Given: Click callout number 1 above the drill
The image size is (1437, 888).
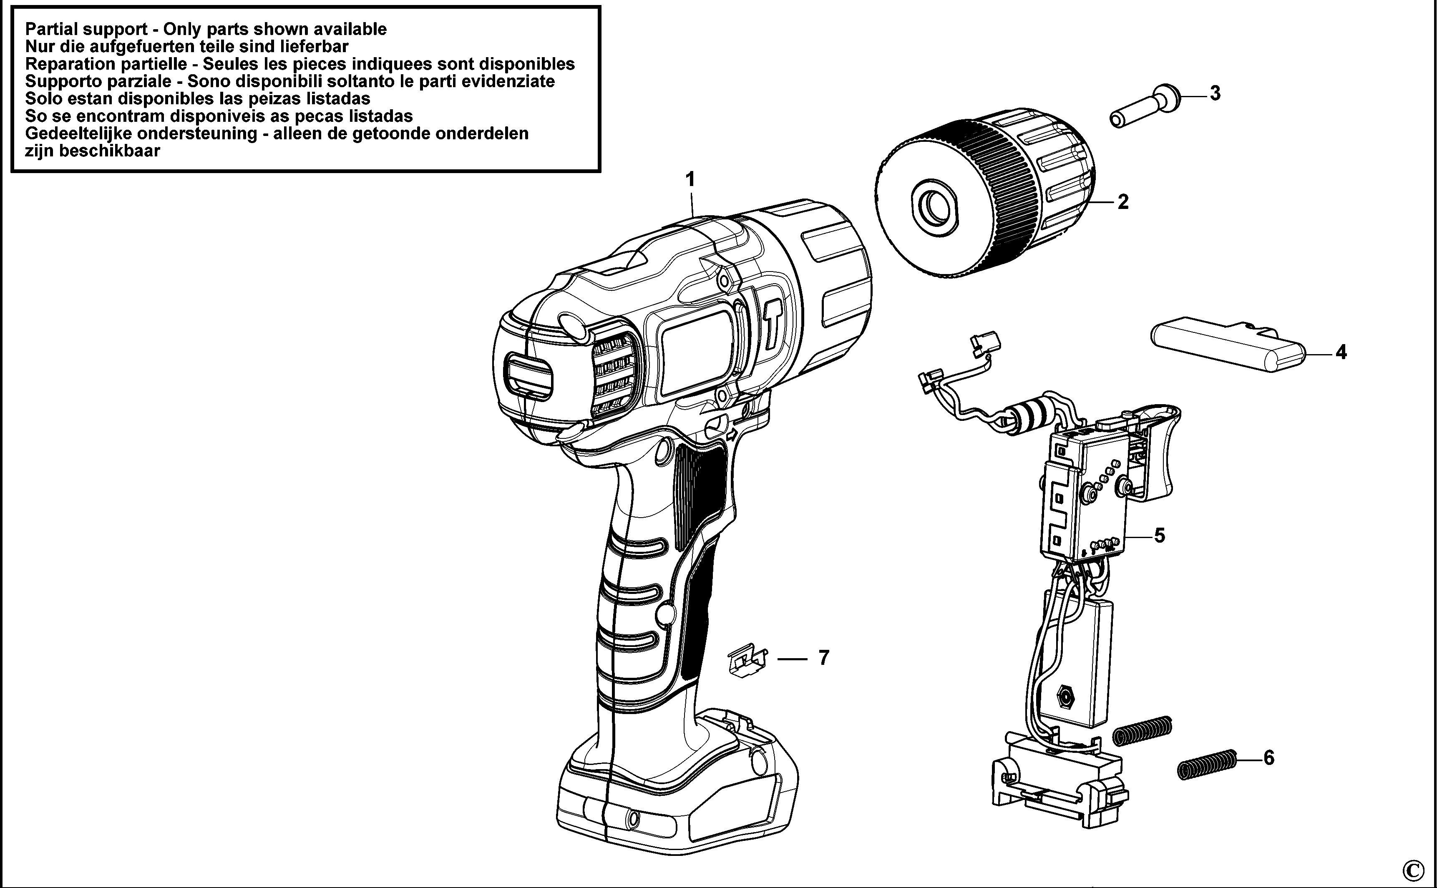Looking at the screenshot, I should [x=691, y=179].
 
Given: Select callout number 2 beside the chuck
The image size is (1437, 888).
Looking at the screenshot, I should [x=1123, y=202].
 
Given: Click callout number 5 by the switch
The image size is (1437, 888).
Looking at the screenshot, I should [x=1159, y=536].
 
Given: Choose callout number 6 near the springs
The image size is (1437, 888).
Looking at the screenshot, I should [x=1268, y=758].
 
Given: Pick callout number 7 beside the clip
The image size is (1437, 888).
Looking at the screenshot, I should [x=823, y=658].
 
